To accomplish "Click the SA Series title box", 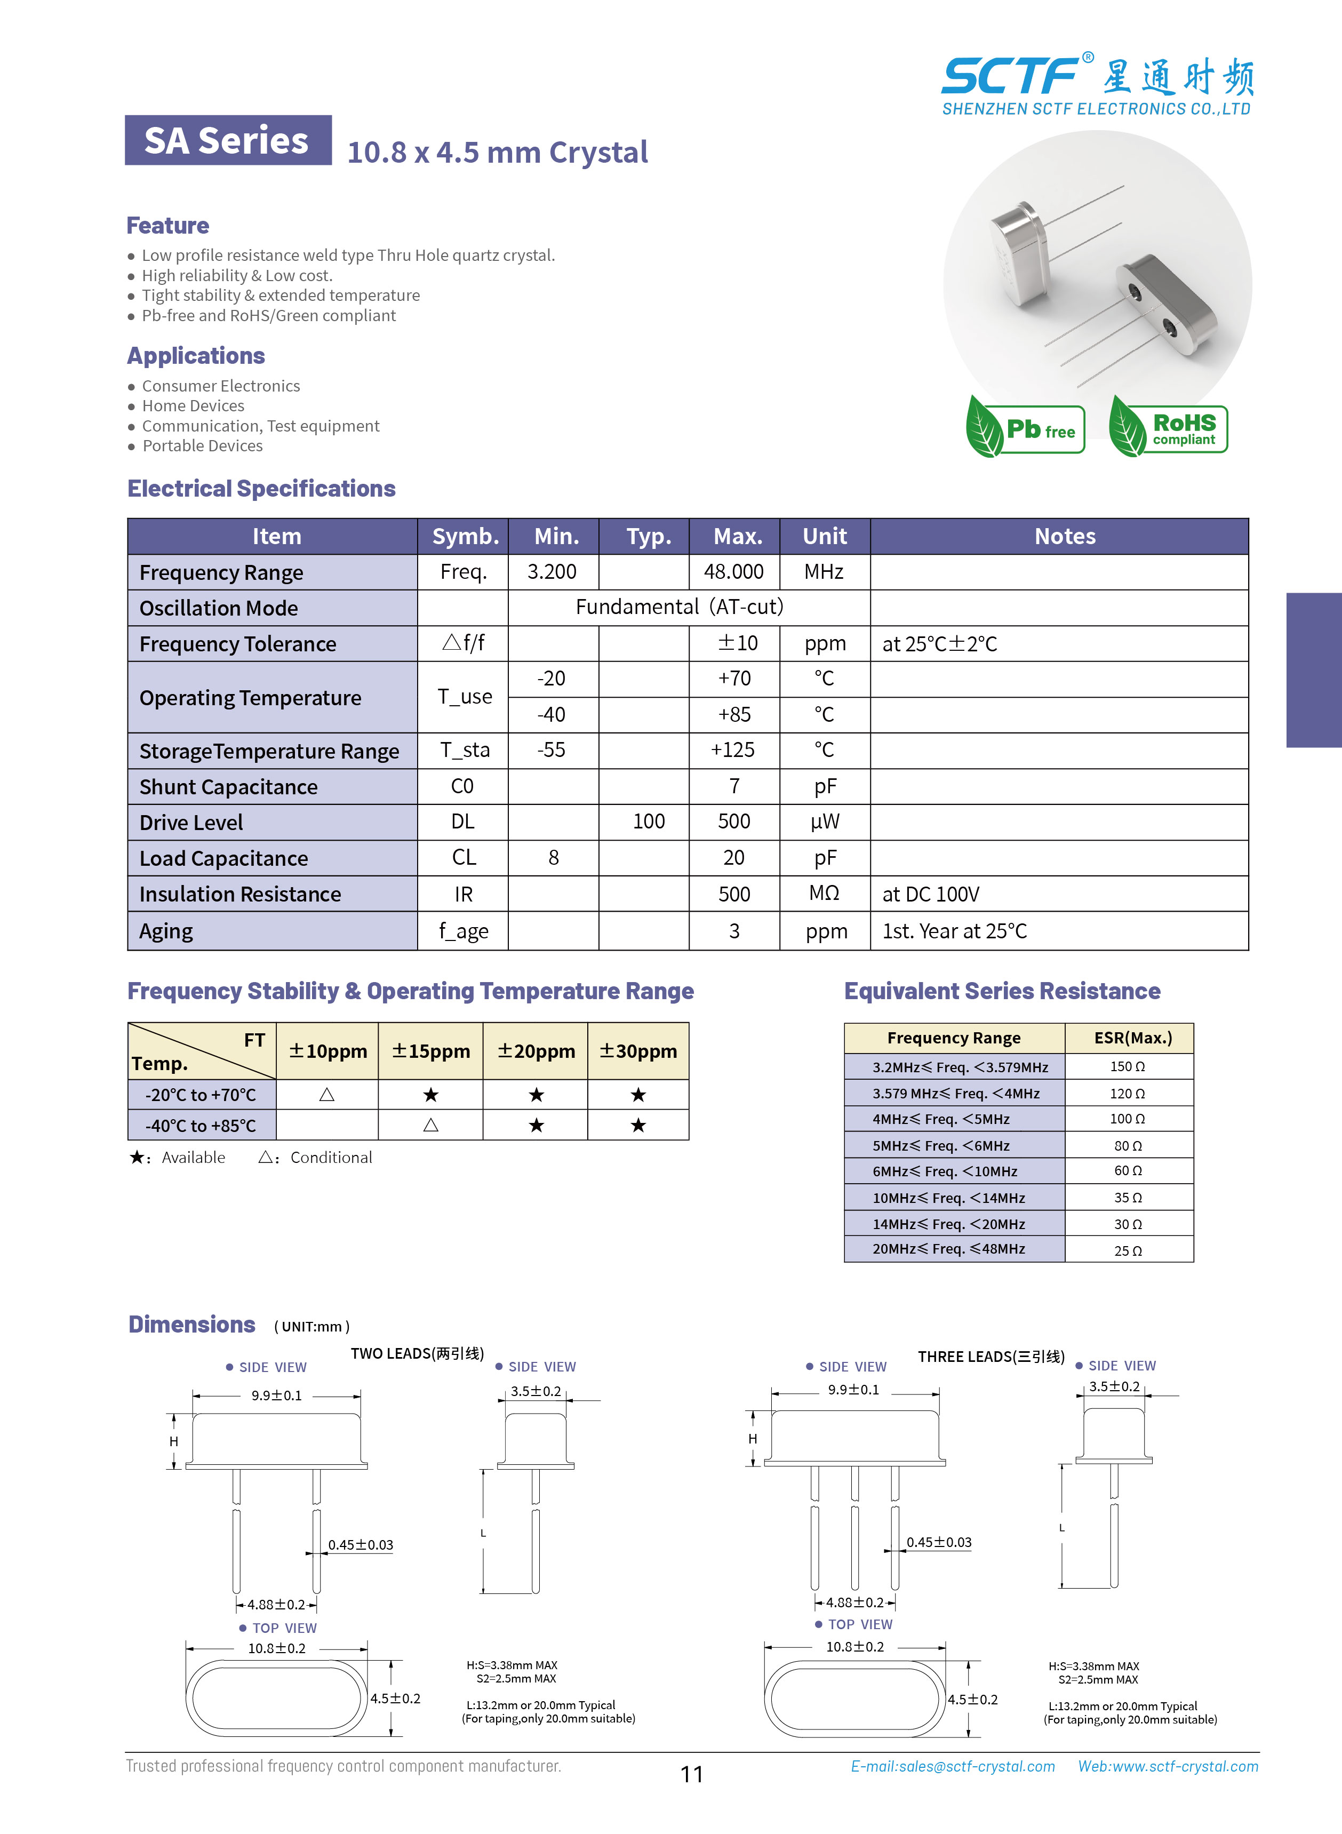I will pyautogui.click(x=227, y=140).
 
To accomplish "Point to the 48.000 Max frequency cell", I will pyautogui.click(x=733, y=572).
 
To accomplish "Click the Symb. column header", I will pyautogui.click(x=465, y=536).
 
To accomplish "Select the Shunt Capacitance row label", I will pyautogui.click(x=228, y=786).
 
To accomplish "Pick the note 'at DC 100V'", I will pyautogui.click(x=931, y=894).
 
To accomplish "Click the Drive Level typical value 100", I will pyautogui.click(x=648, y=822).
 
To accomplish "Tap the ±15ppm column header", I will pyautogui.click(x=430, y=1051).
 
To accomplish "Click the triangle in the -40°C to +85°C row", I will pyautogui.click(x=430, y=1125).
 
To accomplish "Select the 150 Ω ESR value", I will pyautogui.click(x=1128, y=1066).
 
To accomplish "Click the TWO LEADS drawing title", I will pyautogui.click(x=417, y=1353).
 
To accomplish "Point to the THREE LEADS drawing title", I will pyautogui.click(x=991, y=1357).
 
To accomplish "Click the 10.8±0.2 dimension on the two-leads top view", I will pyautogui.click(x=277, y=1648).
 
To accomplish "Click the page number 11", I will pyautogui.click(x=691, y=1774).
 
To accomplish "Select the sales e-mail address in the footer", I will pyautogui.click(x=953, y=1767).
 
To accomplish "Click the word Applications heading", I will pyautogui.click(x=196, y=356).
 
